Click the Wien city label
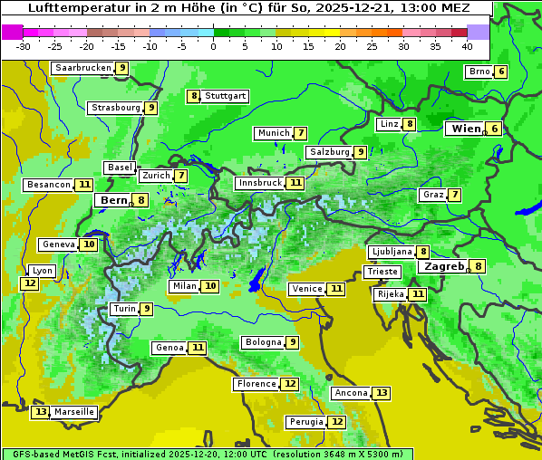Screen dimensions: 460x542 click(x=467, y=129)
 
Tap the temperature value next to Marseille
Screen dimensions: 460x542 click(x=40, y=412)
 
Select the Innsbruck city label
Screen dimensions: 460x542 click(x=260, y=183)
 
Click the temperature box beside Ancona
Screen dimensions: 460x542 click(x=382, y=393)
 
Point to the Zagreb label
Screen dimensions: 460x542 click(x=443, y=266)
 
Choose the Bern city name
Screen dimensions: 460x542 click(x=113, y=200)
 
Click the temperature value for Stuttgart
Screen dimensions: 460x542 click(x=193, y=96)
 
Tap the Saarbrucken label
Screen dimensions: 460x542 click(x=83, y=68)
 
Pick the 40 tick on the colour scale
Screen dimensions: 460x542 click(x=467, y=46)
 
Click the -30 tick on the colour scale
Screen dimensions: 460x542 click(x=24, y=46)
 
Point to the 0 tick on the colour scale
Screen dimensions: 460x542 click(x=214, y=46)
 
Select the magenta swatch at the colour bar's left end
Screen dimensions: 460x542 click(x=12, y=32)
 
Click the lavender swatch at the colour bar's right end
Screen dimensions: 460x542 click(x=478, y=32)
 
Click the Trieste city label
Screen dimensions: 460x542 click(x=382, y=272)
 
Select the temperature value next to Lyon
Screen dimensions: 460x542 click(x=30, y=283)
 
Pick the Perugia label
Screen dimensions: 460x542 click(x=306, y=422)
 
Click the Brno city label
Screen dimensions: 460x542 click(x=479, y=72)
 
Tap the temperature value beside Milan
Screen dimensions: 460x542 click(x=210, y=286)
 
